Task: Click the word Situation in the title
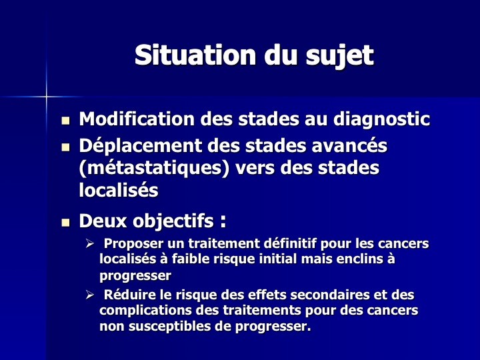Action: [195, 55]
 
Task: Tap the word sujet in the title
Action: [340, 57]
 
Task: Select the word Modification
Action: [137, 119]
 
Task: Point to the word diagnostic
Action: [382, 120]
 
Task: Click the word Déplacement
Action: [141, 147]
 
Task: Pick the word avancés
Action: [349, 145]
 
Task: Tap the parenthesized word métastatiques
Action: [154, 169]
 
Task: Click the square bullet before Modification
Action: [65, 120]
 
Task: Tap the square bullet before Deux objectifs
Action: [65, 222]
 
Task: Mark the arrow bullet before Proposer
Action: [89, 244]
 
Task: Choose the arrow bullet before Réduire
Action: [89, 295]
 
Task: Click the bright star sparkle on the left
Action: [46, 97]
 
